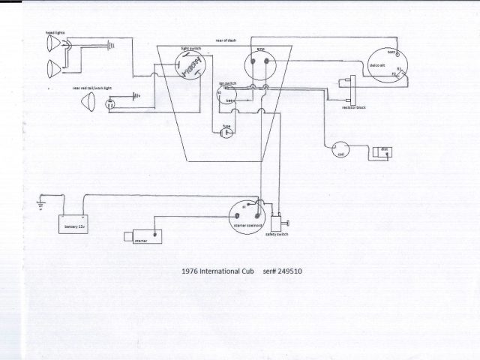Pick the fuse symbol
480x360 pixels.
(x=226, y=133)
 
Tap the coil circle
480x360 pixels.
(x=341, y=151)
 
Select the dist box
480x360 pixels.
(x=382, y=152)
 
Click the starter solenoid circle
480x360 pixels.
(x=248, y=214)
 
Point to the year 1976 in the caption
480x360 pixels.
(x=190, y=271)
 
